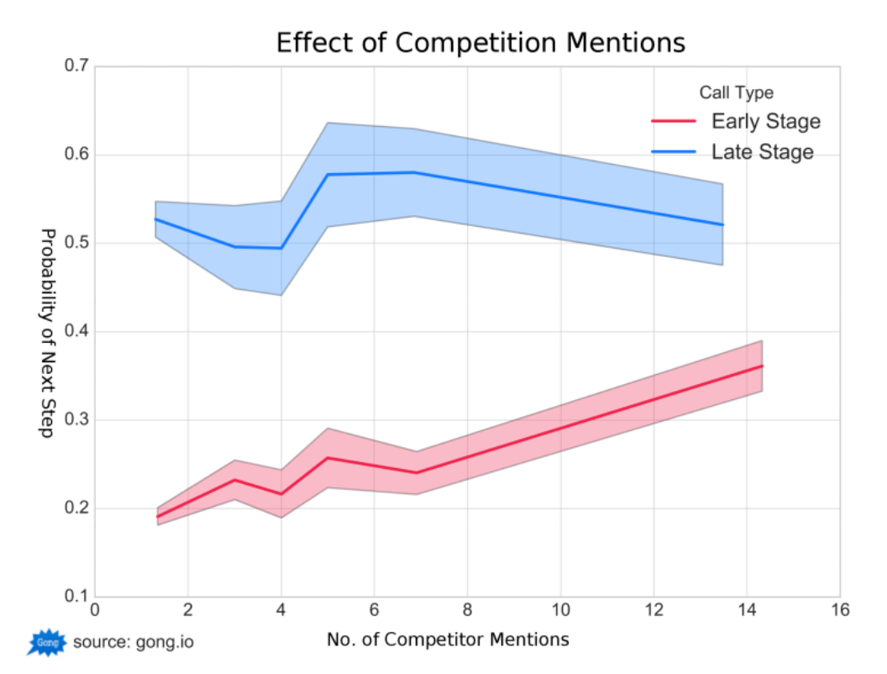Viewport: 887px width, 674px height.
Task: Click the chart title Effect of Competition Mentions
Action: pos(480,43)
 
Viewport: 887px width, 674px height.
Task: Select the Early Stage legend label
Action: pos(765,122)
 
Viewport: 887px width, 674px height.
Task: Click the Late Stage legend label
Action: pos(762,152)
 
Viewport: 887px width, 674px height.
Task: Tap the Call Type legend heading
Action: pos(736,92)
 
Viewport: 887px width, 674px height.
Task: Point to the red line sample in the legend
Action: pos(674,122)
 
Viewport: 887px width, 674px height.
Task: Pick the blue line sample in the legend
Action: pos(674,152)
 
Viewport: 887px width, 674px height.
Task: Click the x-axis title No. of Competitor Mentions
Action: pos(448,640)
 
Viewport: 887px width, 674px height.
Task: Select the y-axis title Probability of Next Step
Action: pos(48,332)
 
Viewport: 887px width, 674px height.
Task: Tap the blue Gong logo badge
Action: pos(46,643)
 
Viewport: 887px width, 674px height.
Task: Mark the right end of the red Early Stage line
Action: pos(762,366)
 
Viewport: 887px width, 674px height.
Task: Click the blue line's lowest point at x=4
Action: pos(281,248)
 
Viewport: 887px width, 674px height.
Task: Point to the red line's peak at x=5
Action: pos(327,458)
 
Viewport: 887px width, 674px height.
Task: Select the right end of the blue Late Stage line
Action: pos(722,224)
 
